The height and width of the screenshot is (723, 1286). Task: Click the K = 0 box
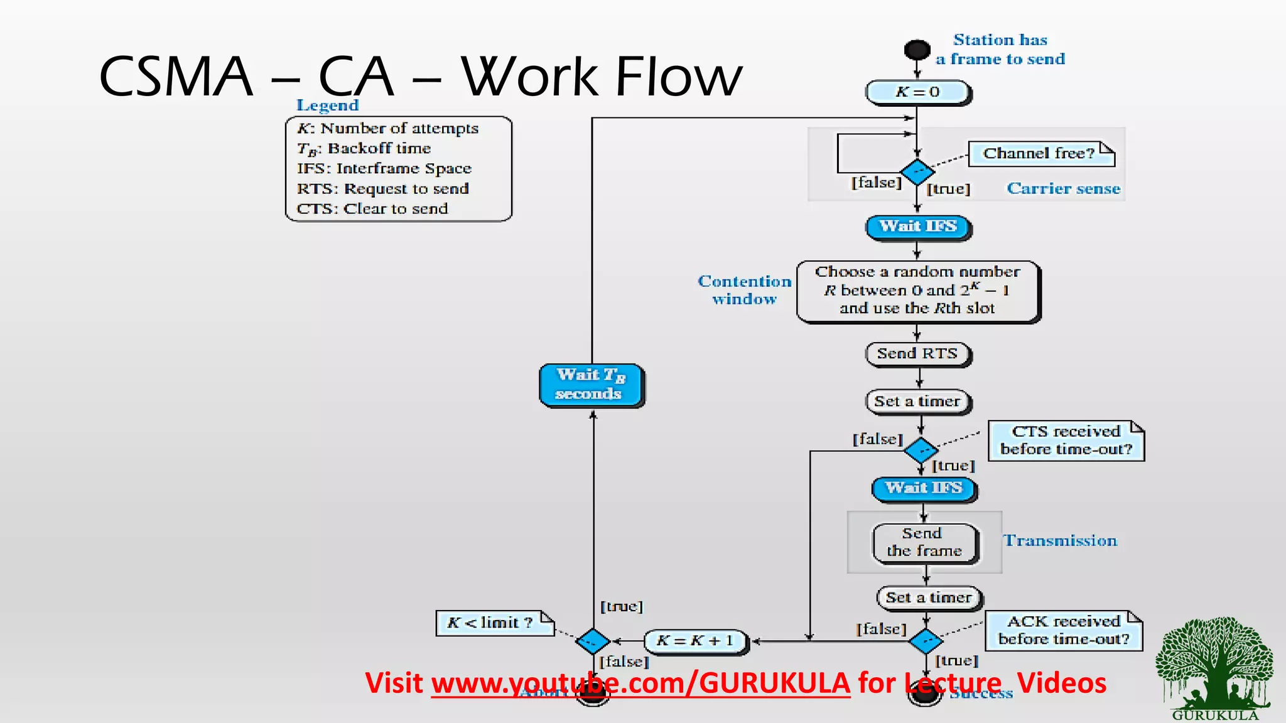pos(917,92)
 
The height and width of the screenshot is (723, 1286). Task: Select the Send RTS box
pos(917,354)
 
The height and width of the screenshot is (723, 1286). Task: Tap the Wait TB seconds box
pos(591,385)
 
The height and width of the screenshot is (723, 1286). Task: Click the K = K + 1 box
pos(696,641)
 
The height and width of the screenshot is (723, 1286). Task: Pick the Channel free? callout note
pos(1040,154)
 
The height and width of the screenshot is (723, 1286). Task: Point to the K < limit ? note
pos(494,623)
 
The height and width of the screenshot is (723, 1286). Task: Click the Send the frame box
pos(924,543)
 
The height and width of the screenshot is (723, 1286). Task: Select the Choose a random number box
pos(917,291)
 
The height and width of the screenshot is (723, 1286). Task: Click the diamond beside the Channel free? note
pos(917,171)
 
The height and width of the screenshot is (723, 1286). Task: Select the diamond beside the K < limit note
pos(592,641)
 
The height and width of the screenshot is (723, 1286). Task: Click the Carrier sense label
pos(1063,189)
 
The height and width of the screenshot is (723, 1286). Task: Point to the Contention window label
pos(745,290)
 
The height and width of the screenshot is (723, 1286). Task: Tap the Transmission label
pos(1060,541)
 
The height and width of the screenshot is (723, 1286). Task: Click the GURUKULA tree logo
pos(1214,665)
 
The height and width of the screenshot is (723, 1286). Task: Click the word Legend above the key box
pos(327,105)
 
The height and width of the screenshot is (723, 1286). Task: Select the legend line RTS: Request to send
pos(382,189)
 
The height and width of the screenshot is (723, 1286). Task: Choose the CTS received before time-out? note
pos(1066,441)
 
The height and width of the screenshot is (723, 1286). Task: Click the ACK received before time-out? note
pos(1063,630)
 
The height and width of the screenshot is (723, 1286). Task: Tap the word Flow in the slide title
pos(678,77)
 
